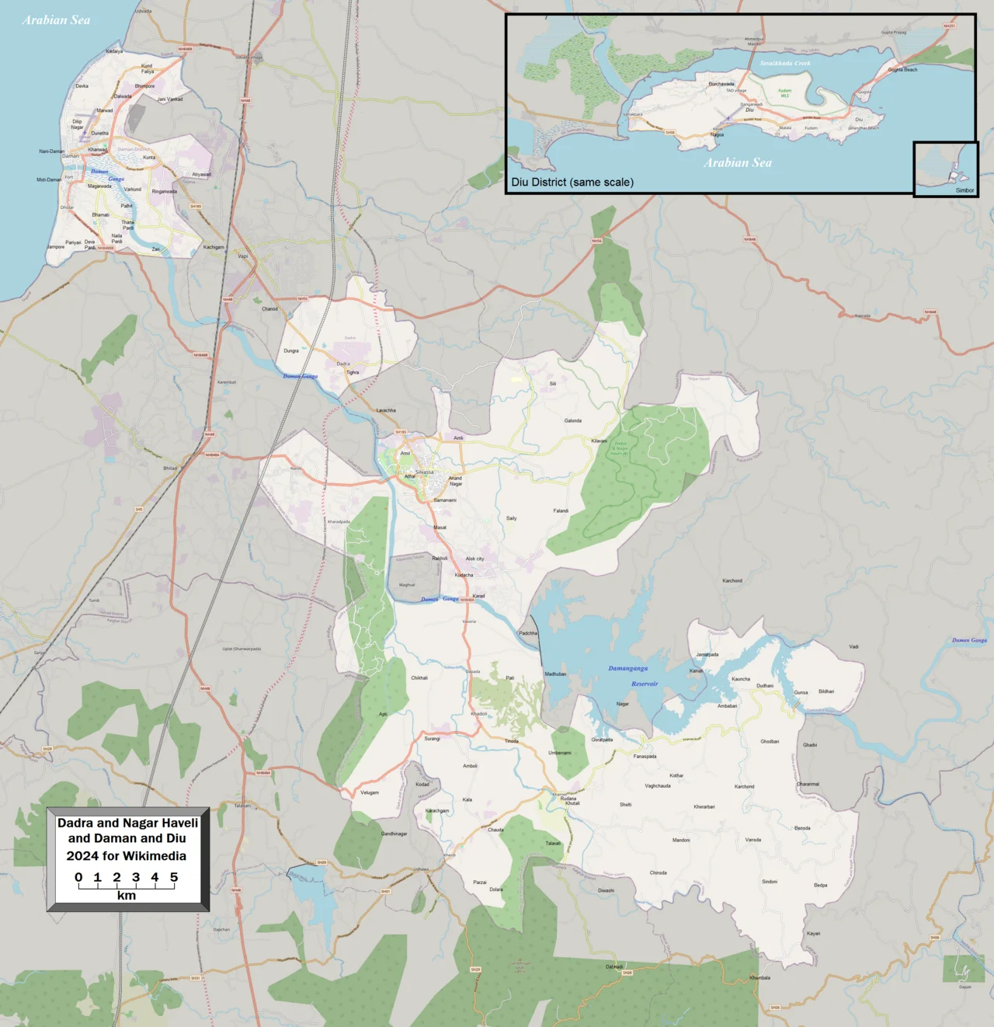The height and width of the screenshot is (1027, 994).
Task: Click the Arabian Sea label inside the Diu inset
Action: click(x=738, y=162)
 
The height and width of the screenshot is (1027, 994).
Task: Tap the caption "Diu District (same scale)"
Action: click(x=572, y=183)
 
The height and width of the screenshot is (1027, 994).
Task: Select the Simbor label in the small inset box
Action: click(x=964, y=190)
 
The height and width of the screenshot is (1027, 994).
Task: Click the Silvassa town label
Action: click(x=424, y=472)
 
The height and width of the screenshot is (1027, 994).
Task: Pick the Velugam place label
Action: click(x=370, y=792)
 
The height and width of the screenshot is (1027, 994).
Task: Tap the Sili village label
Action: click(x=553, y=384)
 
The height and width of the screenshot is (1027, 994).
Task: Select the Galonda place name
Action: click(x=573, y=421)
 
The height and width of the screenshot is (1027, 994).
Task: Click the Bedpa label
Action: click(x=821, y=885)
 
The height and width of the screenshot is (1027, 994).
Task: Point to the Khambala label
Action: click(x=759, y=978)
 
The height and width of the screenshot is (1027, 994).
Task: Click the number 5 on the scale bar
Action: click(x=174, y=877)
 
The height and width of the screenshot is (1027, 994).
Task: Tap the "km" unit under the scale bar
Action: click(x=127, y=896)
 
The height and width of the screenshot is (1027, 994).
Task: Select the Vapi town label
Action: click(x=243, y=256)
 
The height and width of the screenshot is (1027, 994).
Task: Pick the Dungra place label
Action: click(x=291, y=351)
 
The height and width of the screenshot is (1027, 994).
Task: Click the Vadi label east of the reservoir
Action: click(x=853, y=646)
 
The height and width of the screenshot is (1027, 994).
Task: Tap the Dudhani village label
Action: click(x=765, y=686)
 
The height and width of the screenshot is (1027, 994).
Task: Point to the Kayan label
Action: click(x=813, y=934)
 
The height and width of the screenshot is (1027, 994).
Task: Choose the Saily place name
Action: click(x=511, y=518)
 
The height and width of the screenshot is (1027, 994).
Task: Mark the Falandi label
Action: click(x=561, y=511)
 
